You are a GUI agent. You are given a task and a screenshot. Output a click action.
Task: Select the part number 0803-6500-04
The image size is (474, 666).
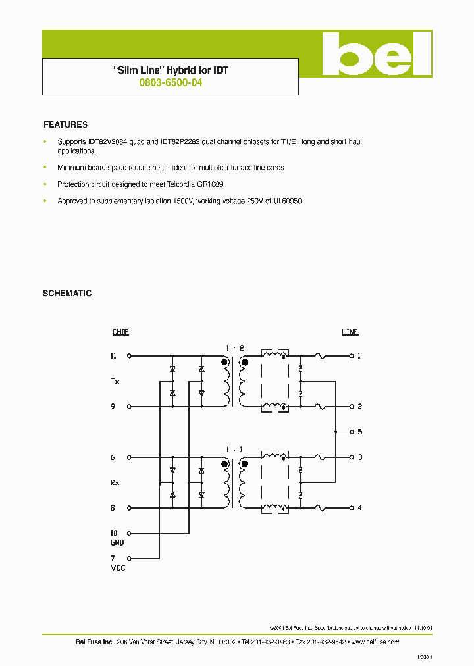pyautogui.click(x=171, y=84)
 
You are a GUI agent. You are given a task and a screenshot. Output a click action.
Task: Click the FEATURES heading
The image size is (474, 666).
pyautogui.click(x=65, y=124)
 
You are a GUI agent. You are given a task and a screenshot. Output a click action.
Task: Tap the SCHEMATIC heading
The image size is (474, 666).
pyautogui.click(x=67, y=294)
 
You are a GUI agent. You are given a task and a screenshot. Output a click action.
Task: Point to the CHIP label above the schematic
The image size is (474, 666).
pyautogui.click(x=120, y=332)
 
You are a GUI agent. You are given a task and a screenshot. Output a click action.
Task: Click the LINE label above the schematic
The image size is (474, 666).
pyautogui.click(x=350, y=332)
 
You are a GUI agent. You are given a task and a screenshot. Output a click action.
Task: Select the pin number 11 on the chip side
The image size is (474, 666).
pyautogui.click(x=113, y=356)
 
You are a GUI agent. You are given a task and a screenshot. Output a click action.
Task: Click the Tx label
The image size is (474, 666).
pyautogui.click(x=115, y=382)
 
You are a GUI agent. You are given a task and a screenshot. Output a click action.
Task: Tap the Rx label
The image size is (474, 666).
pyautogui.click(x=115, y=483)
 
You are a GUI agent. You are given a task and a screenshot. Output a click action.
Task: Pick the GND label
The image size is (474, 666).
pyautogui.click(x=117, y=543)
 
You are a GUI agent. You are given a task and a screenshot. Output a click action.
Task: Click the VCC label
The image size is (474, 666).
pyautogui.click(x=118, y=568)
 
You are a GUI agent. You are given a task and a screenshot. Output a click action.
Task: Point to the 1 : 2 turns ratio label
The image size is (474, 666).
pyautogui.click(x=234, y=347)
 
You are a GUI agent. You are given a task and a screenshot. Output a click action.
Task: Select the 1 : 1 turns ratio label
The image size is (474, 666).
pyautogui.click(x=234, y=449)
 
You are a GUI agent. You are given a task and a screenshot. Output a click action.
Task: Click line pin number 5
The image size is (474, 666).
pyautogui.click(x=359, y=432)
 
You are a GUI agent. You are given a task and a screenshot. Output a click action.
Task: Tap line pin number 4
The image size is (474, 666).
pyautogui.click(x=359, y=508)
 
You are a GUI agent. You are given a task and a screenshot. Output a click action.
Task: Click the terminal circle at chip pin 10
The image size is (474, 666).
pyautogui.click(x=129, y=533)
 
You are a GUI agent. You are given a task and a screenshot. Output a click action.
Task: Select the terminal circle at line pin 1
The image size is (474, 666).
pyautogui.click(x=351, y=356)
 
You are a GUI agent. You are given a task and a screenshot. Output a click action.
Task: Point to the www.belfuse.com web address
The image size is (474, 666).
pyautogui.click(x=375, y=642)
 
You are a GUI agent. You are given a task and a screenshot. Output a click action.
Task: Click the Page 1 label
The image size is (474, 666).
pyautogui.click(x=425, y=657)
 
